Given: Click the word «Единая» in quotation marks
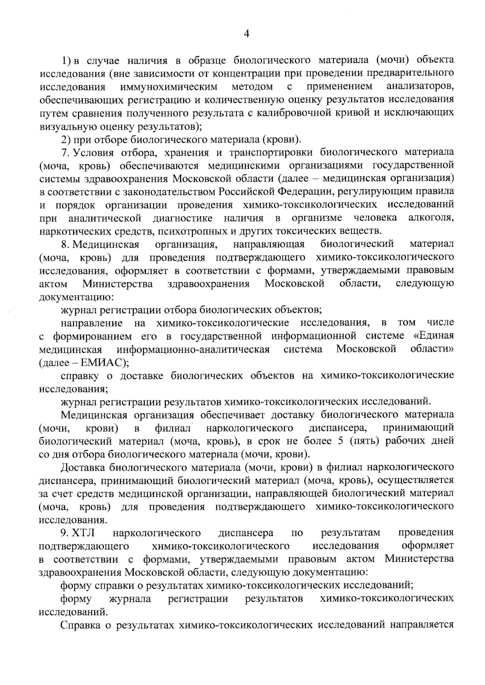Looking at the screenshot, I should (x=435, y=336).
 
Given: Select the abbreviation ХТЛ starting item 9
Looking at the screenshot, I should (x=83, y=533).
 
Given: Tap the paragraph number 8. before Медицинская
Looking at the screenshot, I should (x=65, y=245).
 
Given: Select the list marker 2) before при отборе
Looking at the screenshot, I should (x=65, y=140).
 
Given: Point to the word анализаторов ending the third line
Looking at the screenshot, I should (x=420, y=87).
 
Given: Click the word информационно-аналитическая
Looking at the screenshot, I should (x=193, y=349).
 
